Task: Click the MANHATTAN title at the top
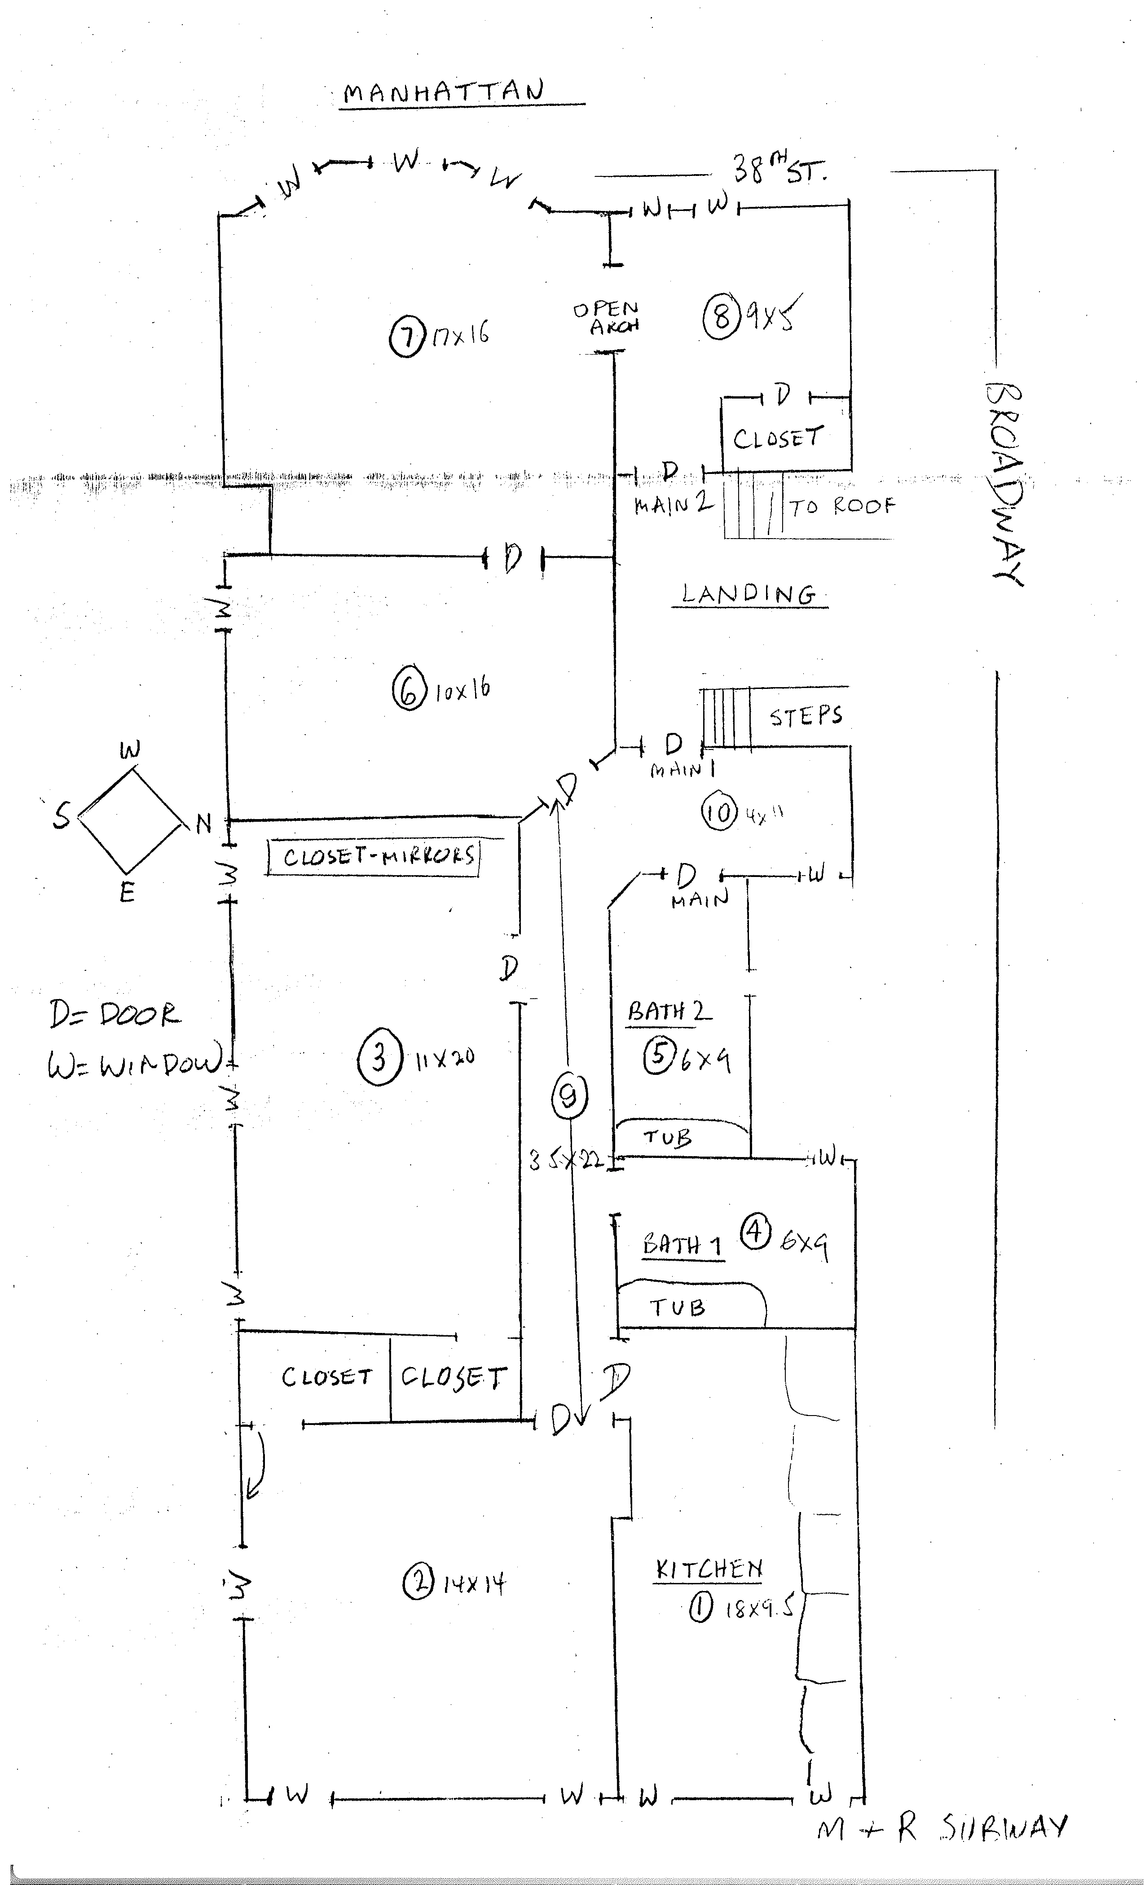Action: click(444, 92)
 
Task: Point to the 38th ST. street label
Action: click(779, 168)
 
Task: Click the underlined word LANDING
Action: click(749, 594)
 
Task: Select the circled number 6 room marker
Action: click(409, 691)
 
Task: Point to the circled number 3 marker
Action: click(379, 1059)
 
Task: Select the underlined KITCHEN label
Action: click(709, 1570)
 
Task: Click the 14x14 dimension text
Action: click(474, 1583)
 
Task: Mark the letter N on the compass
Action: click(203, 824)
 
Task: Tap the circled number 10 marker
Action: click(719, 812)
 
